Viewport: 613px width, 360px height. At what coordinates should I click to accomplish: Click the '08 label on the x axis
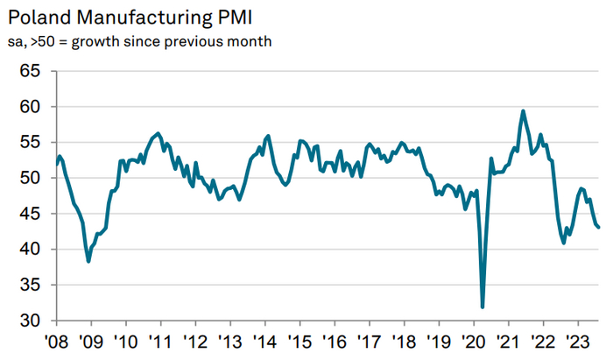57,342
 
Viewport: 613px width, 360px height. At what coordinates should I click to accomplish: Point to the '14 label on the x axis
264,342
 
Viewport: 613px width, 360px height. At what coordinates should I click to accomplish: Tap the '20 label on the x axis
473,342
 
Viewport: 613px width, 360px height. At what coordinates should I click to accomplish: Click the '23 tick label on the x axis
577,342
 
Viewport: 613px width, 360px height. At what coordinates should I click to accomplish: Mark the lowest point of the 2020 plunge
483,307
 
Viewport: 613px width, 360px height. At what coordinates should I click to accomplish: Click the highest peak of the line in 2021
523,111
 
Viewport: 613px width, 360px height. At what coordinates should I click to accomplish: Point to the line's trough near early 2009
88,261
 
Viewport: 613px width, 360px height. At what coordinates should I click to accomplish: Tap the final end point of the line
598,228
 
